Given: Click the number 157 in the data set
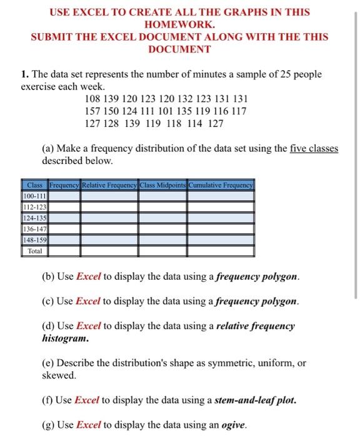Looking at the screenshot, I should pos(92,111).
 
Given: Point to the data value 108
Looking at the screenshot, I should pos(92,99).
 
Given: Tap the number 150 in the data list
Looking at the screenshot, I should pos(113,111).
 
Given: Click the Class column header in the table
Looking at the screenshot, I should pos(35,185).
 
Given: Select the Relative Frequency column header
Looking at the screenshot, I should pos(110,185).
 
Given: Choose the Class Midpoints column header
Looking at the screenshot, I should pos(162,185).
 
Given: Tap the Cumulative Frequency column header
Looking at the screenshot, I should pos(221,185).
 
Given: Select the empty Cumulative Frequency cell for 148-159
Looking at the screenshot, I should pos(221,240).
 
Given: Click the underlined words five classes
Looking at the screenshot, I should pos(314,148).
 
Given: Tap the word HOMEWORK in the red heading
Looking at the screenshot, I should pos(179,24).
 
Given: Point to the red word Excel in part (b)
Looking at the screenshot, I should pos(88,276).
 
